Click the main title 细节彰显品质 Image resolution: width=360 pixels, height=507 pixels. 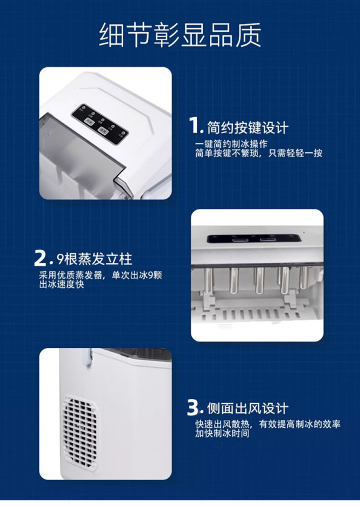pyautogui.click(x=180, y=35)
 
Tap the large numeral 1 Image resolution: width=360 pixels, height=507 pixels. pyautogui.click(x=195, y=125)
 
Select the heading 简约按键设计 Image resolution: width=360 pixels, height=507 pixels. pyautogui.click(x=247, y=127)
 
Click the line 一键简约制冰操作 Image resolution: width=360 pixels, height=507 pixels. pyautogui.click(x=231, y=144)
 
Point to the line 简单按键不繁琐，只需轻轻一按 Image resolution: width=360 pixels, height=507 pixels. pyautogui.click(x=259, y=153)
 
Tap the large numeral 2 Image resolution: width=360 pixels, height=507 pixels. pyautogui.click(x=40, y=258)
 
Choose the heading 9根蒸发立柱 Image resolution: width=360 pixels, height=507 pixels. pyautogui.click(x=94, y=259)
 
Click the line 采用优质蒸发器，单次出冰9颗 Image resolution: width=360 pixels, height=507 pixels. pyautogui.click(x=100, y=275)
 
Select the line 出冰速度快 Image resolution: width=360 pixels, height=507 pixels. pyautogui.click(x=61, y=284)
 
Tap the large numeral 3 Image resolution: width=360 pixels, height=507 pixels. pyautogui.click(x=193, y=407)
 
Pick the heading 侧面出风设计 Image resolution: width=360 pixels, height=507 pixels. pyautogui.click(x=247, y=409)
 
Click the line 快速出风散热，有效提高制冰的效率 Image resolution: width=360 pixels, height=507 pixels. pyautogui.click(x=268, y=424)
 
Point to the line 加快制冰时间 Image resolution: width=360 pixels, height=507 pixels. pyautogui.click(x=222, y=433)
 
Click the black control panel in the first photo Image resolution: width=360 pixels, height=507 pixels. pyautogui.click(x=100, y=124)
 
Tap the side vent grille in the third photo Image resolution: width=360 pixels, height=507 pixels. pyautogui.click(x=80, y=431)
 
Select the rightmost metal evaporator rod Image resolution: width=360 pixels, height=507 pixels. pyautogui.click(x=304, y=277)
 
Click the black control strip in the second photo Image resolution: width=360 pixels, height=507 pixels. pyautogui.click(x=254, y=239)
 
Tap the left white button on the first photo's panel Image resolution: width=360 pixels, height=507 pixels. pyautogui.click(x=89, y=121)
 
